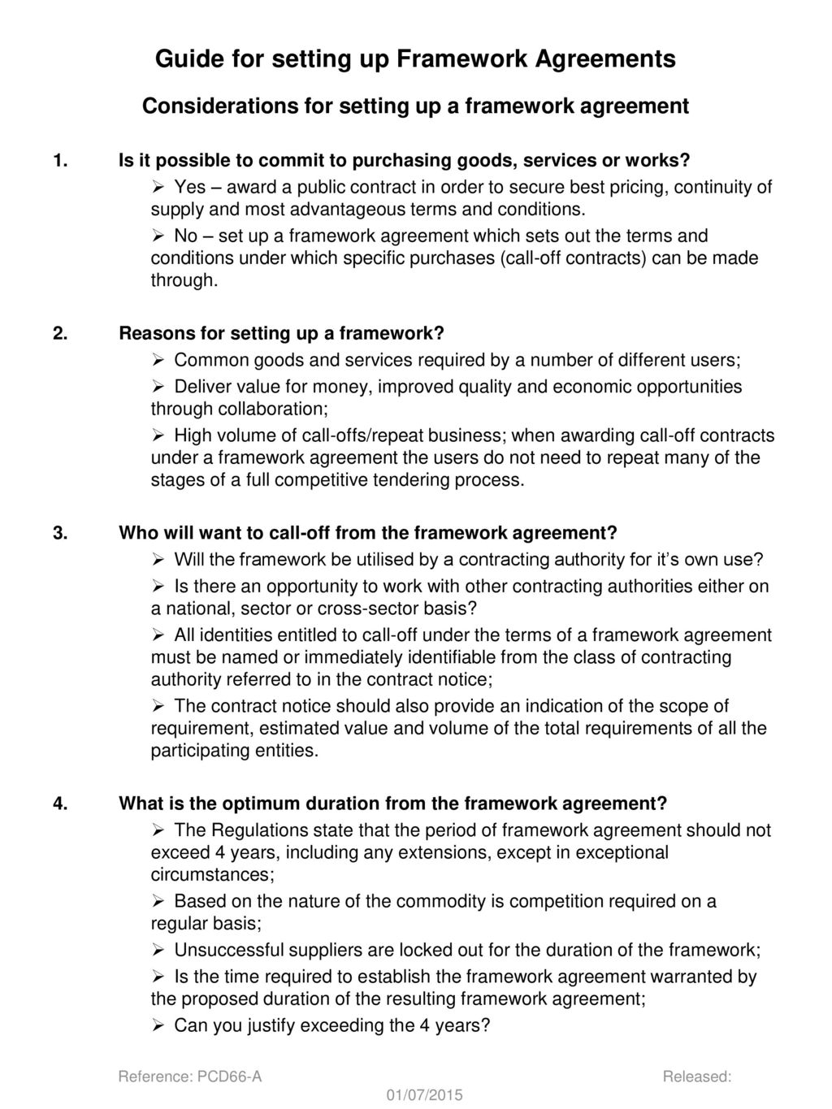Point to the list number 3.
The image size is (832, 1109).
point(59,533)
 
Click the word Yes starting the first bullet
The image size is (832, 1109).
point(190,188)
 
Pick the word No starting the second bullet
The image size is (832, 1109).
point(186,236)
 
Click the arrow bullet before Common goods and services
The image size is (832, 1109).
point(158,360)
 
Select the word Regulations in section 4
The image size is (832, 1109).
point(257,830)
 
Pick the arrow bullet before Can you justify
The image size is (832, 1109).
point(158,1025)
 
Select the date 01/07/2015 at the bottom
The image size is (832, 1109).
point(425,1096)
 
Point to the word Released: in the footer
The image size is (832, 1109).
point(697,1077)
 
